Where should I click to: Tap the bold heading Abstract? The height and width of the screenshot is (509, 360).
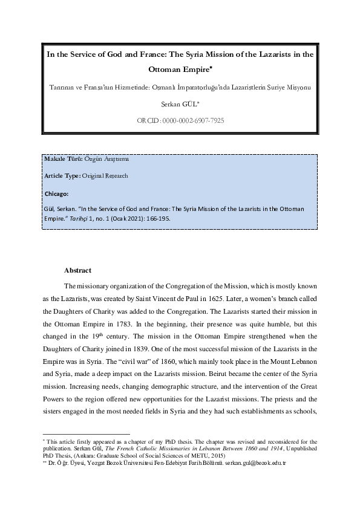(x=77, y=270)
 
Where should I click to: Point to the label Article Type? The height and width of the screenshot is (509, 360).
(x=62, y=176)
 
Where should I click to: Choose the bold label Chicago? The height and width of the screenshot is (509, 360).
(x=57, y=194)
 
